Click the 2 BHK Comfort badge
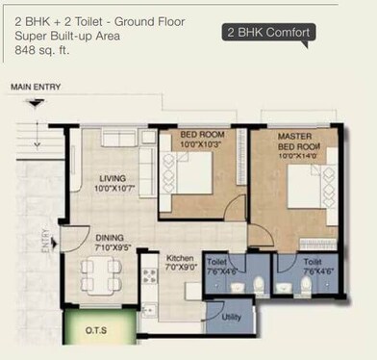coord(268,33)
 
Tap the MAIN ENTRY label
coord(36,88)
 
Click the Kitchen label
coord(180,259)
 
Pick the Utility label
coord(231,316)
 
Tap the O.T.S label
coord(95,329)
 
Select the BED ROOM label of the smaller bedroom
coord(203,135)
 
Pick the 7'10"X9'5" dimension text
coord(109,249)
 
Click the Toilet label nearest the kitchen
coord(215,261)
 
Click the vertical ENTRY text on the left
coord(44,240)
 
